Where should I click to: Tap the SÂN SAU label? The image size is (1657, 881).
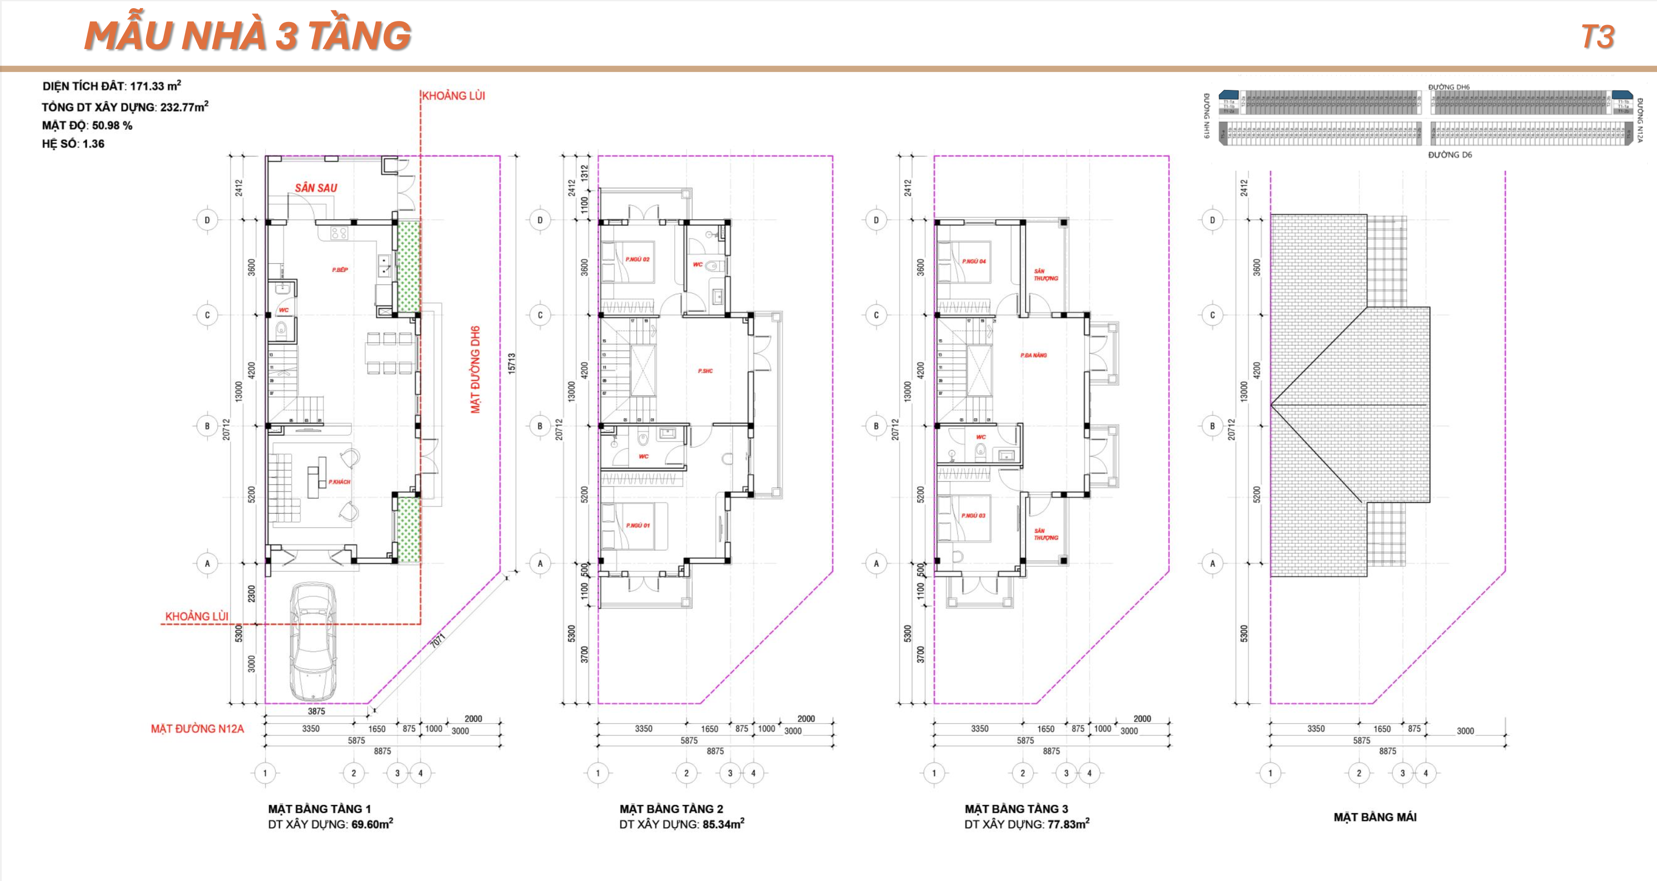coord(316,188)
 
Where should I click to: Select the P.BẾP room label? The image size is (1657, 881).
coord(340,270)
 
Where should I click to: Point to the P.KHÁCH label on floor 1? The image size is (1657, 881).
coord(339,481)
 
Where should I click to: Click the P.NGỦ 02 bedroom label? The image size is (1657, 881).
coord(637,260)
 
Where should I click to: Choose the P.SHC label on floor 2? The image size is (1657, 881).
coord(705,370)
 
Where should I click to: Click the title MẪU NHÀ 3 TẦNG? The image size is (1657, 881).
coord(248,36)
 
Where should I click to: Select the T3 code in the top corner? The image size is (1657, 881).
coord(1597,37)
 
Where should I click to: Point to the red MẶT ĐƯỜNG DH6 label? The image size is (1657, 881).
coord(476,369)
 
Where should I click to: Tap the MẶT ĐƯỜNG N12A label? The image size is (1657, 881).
coord(198,729)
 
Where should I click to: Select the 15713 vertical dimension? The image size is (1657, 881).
coord(512,364)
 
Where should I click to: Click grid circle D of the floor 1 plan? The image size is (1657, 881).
coord(207,220)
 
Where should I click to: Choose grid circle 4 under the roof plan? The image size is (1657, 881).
coord(1426,773)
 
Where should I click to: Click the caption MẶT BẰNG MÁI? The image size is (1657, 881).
coord(1375,817)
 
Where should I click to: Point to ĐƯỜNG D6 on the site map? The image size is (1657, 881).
coord(1450,155)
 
